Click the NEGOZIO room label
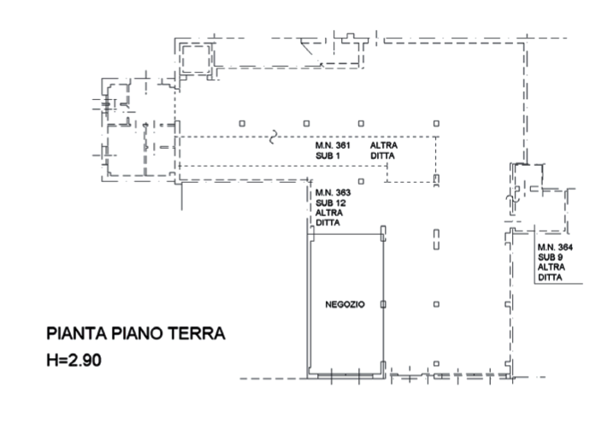(345, 304)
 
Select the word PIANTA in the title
(76, 333)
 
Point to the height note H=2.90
(74, 361)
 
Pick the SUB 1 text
(328, 156)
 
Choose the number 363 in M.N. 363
(343, 192)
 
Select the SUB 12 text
(331, 203)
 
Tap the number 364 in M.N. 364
(564, 247)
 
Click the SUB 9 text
(550, 257)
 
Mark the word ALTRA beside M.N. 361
(384, 145)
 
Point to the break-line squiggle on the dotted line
(273, 137)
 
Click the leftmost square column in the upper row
(242, 124)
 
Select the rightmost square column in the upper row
(436, 124)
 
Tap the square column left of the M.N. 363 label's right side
(361, 181)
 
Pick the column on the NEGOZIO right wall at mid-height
(383, 304)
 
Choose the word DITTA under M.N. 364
(550, 278)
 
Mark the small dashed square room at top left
(196, 59)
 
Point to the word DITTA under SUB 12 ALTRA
(328, 222)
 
